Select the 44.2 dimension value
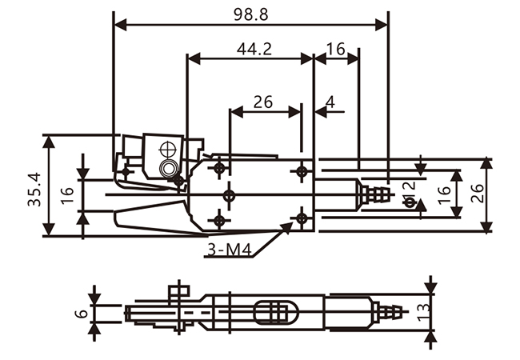coord(254,49)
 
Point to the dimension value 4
coord(330,102)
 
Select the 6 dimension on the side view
coord(79,314)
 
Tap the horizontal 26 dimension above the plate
coord(262,102)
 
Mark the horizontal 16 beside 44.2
coord(336,49)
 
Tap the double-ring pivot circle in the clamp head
coord(168,168)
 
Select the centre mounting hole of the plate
coord(230,194)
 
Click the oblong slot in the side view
coord(273,312)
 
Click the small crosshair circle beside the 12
coord(410,202)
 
